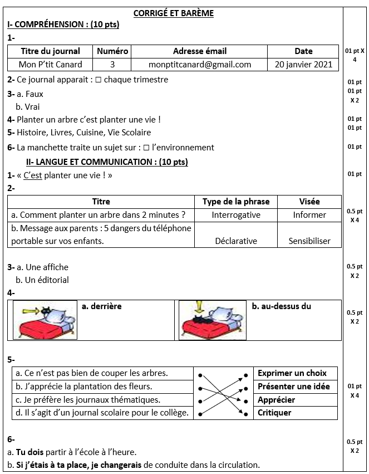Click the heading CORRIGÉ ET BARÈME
[174, 13]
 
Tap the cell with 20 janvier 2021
[303, 65]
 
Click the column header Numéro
[112, 51]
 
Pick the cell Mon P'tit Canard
[50, 65]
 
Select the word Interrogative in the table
[236, 215]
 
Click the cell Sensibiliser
[309, 241]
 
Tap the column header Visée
[309, 202]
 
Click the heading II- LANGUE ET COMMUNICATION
[107, 162]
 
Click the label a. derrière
[101, 306]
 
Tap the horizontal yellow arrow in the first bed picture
[28, 310]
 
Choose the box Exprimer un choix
[292, 373]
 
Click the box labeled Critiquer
[274, 413]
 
